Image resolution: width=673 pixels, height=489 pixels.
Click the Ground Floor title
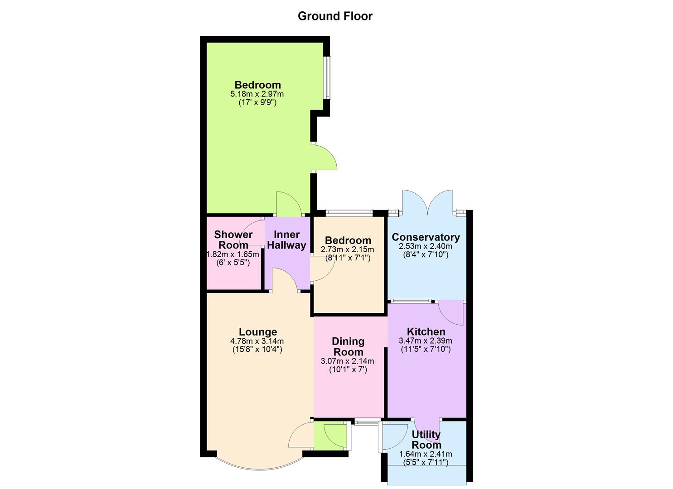(x=335, y=16)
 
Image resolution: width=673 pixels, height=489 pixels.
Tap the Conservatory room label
(x=426, y=237)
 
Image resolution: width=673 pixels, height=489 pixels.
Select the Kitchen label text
(x=426, y=331)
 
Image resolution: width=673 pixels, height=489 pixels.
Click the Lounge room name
(x=257, y=332)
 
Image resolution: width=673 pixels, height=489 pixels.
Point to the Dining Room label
(x=348, y=346)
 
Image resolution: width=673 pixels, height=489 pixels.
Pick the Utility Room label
(x=426, y=439)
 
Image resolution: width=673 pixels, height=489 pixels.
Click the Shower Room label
(x=233, y=240)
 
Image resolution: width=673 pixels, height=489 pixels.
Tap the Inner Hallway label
(x=287, y=240)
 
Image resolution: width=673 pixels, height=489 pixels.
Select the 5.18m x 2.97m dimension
(x=257, y=94)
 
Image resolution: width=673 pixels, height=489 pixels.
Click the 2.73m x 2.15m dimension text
(x=347, y=249)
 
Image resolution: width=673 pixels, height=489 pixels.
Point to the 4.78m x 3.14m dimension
(x=257, y=341)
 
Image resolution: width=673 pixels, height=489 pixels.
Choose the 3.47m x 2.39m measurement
(x=426, y=341)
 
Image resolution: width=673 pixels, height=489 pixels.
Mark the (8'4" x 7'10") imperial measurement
(x=426, y=254)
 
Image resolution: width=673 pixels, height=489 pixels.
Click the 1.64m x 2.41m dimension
(x=426, y=454)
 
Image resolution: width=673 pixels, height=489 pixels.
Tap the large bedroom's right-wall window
(x=327, y=77)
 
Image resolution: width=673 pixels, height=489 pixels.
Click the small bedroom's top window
(x=349, y=211)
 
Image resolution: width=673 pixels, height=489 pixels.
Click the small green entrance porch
(x=330, y=436)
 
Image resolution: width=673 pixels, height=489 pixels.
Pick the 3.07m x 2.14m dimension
(x=347, y=361)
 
